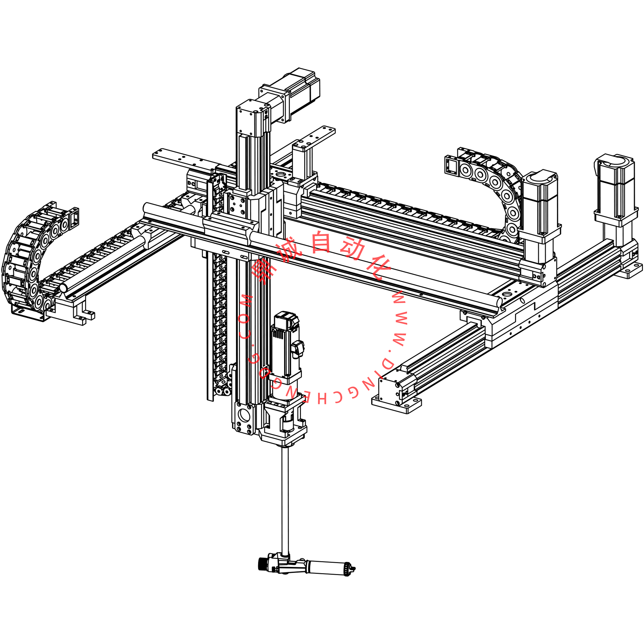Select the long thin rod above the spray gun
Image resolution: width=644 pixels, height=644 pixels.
point(285,500)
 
